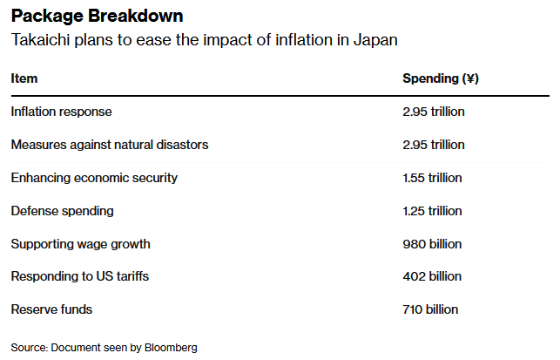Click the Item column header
coord(24,78)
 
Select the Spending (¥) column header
coord(441,78)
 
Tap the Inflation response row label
coord(61,112)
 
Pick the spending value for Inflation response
coord(434,112)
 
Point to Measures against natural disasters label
coord(110,145)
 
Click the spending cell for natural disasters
coord(434,145)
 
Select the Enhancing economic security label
coord(94,178)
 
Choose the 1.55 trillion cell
coord(433,178)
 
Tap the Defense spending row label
coord(62,211)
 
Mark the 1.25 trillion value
coord(433,211)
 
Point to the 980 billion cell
coord(432,244)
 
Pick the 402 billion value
coord(432,276)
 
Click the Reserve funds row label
coord(51,309)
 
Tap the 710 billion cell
coord(430,309)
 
